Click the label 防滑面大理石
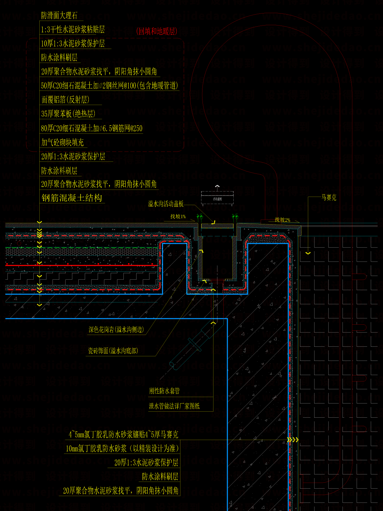[x=59, y=16]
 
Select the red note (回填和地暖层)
[x=156, y=31]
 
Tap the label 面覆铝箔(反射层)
[x=65, y=100]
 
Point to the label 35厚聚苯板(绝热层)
[x=68, y=114]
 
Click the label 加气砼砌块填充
[x=62, y=142]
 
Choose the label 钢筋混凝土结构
[x=72, y=198]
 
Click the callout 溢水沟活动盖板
[x=166, y=204]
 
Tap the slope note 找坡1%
[x=178, y=216]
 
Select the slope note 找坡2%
[x=282, y=220]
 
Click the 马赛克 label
[x=329, y=198]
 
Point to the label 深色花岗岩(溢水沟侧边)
[x=116, y=330]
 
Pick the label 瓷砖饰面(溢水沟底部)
[x=113, y=351]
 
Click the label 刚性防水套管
[x=164, y=391]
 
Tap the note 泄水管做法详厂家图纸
[x=174, y=406]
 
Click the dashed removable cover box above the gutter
[x=217, y=199]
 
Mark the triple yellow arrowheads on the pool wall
[x=293, y=440]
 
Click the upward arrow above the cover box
[x=217, y=186]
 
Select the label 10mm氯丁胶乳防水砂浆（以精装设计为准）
[x=122, y=449]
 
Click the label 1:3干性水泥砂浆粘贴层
[x=73, y=29]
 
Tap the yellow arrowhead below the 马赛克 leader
[x=308, y=253]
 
